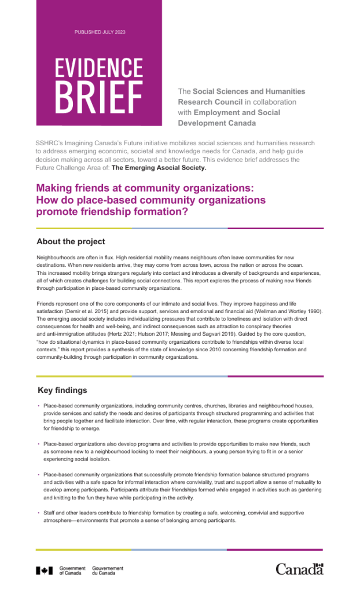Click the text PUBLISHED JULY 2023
click(100, 31)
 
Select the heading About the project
click(71, 241)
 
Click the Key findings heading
click(63, 390)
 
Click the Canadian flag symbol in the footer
click(45, 571)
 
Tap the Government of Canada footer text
click(72, 571)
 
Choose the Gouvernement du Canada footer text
click(108, 571)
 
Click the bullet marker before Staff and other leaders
click(38, 513)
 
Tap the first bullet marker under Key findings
click(38, 406)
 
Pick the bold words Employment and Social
click(237, 112)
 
